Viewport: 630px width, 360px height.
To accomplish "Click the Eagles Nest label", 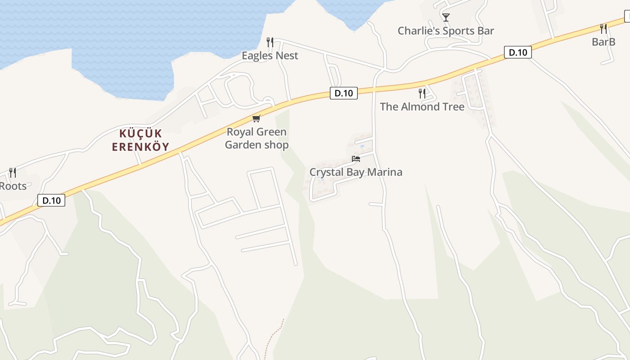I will coord(270,55).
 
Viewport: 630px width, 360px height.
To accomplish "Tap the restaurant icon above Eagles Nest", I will coord(270,42).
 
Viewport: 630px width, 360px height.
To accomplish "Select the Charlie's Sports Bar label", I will coord(445,31).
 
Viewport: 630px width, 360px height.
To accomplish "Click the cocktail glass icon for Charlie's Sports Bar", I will coord(445,18).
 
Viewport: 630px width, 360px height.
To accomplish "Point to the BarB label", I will coord(603,42).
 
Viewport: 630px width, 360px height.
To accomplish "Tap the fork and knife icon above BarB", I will coord(603,29).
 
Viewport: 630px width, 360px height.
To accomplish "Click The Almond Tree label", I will coord(422,107).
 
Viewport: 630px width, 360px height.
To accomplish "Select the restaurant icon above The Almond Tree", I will coord(422,94).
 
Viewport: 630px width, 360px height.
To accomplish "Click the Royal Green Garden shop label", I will coord(256,138).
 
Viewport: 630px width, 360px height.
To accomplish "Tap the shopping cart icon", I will coord(256,118).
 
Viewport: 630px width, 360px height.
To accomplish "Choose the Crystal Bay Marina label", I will coord(355,172).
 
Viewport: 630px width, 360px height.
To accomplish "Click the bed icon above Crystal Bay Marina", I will coord(355,159).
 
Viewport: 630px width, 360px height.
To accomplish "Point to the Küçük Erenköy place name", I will coord(140,140).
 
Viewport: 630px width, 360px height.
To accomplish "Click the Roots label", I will coord(13,186).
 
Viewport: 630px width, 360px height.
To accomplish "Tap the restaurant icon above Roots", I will coord(13,173).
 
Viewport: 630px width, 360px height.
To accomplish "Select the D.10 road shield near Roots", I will coord(51,200).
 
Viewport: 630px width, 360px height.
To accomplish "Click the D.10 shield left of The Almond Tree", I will coord(344,93).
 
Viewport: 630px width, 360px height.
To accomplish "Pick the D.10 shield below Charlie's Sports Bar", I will coord(517,52).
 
